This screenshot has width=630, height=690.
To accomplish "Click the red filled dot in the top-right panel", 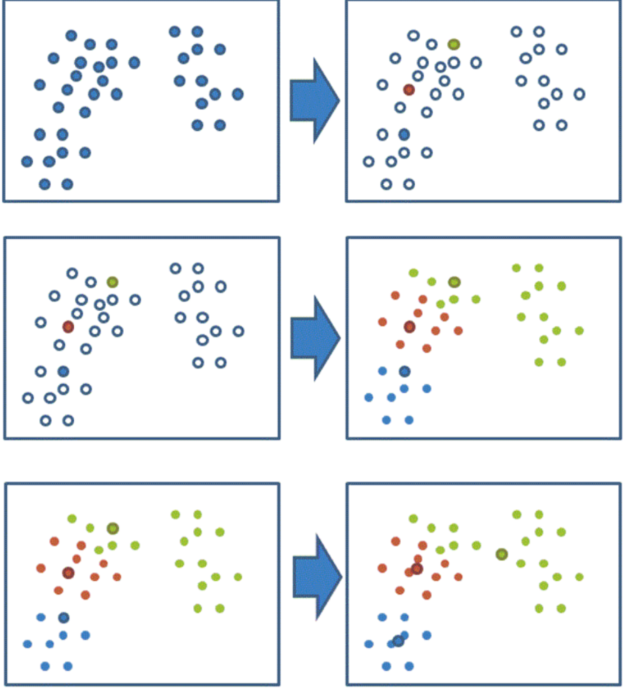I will coord(409,89).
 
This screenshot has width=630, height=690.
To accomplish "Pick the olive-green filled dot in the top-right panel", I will coord(453,44).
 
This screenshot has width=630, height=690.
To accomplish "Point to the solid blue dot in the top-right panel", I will coord(404,134).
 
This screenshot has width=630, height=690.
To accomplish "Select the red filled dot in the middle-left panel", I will coord(68,327).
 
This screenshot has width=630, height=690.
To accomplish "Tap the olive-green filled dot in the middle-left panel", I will coord(112,281).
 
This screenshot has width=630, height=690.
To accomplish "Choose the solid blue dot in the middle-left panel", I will coord(63,371).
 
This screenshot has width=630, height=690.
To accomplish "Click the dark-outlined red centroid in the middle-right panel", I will coord(409,327).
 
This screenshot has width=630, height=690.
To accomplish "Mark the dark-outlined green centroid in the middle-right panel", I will coord(454,281).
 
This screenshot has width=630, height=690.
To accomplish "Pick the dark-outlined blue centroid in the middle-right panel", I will coord(404,371).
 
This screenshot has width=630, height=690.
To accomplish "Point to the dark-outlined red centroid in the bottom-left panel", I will coord(68,573).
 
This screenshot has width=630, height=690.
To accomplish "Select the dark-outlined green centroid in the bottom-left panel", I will coord(112,528).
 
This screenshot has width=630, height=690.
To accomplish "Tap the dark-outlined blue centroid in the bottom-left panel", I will coord(63,618).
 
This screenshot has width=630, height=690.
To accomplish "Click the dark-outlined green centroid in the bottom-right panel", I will coord(502,554).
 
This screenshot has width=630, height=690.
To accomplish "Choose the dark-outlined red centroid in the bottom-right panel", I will coord(417,569).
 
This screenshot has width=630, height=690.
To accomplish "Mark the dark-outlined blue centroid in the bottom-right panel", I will coord(398,641).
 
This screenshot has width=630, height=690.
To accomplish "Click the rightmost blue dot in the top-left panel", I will coord(237,94).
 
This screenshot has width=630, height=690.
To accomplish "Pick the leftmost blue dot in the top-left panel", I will coord(27,162).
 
